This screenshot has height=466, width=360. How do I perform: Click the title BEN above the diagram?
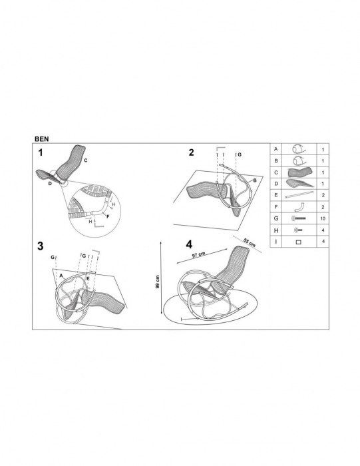41,138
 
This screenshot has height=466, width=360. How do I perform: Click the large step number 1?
41,152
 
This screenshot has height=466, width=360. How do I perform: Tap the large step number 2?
191,152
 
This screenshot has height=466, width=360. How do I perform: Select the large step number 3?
41,246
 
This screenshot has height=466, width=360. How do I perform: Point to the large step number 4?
189,244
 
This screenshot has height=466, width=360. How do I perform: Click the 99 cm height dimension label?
158,282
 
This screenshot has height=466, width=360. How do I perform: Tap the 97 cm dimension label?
198,255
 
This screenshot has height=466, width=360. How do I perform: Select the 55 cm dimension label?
250,242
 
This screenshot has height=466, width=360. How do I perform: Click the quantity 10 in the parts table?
323,218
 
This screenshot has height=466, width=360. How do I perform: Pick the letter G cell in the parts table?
276,218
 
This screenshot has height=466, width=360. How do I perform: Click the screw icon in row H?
299,230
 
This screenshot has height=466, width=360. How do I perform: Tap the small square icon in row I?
299,242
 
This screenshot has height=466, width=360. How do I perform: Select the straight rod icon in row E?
299,195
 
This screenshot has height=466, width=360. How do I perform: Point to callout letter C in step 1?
86,160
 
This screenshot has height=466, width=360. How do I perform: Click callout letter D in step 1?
50,184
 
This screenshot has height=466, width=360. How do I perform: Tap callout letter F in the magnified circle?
108,216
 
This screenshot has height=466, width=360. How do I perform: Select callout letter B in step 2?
255,180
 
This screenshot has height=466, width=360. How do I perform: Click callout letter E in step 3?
88,278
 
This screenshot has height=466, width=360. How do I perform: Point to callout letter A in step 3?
61,276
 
